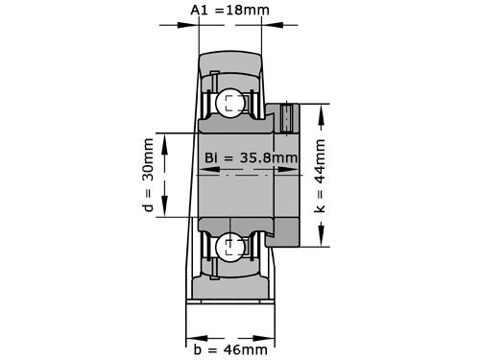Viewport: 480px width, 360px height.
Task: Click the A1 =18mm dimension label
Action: coord(230,11)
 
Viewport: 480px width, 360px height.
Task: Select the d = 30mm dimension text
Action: coord(148,176)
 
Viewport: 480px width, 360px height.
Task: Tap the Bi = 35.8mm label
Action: coord(249,157)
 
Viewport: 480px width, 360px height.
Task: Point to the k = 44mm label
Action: coord(320,176)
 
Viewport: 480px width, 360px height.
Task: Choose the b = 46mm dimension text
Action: coord(227,349)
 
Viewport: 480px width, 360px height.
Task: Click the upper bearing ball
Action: coord(229,104)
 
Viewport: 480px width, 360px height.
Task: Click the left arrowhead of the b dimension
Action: coord(190,336)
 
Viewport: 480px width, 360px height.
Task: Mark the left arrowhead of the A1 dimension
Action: coord(192,27)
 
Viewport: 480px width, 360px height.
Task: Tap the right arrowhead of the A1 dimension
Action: coord(266,27)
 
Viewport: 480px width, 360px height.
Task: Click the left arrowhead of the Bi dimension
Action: coord(204,173)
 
